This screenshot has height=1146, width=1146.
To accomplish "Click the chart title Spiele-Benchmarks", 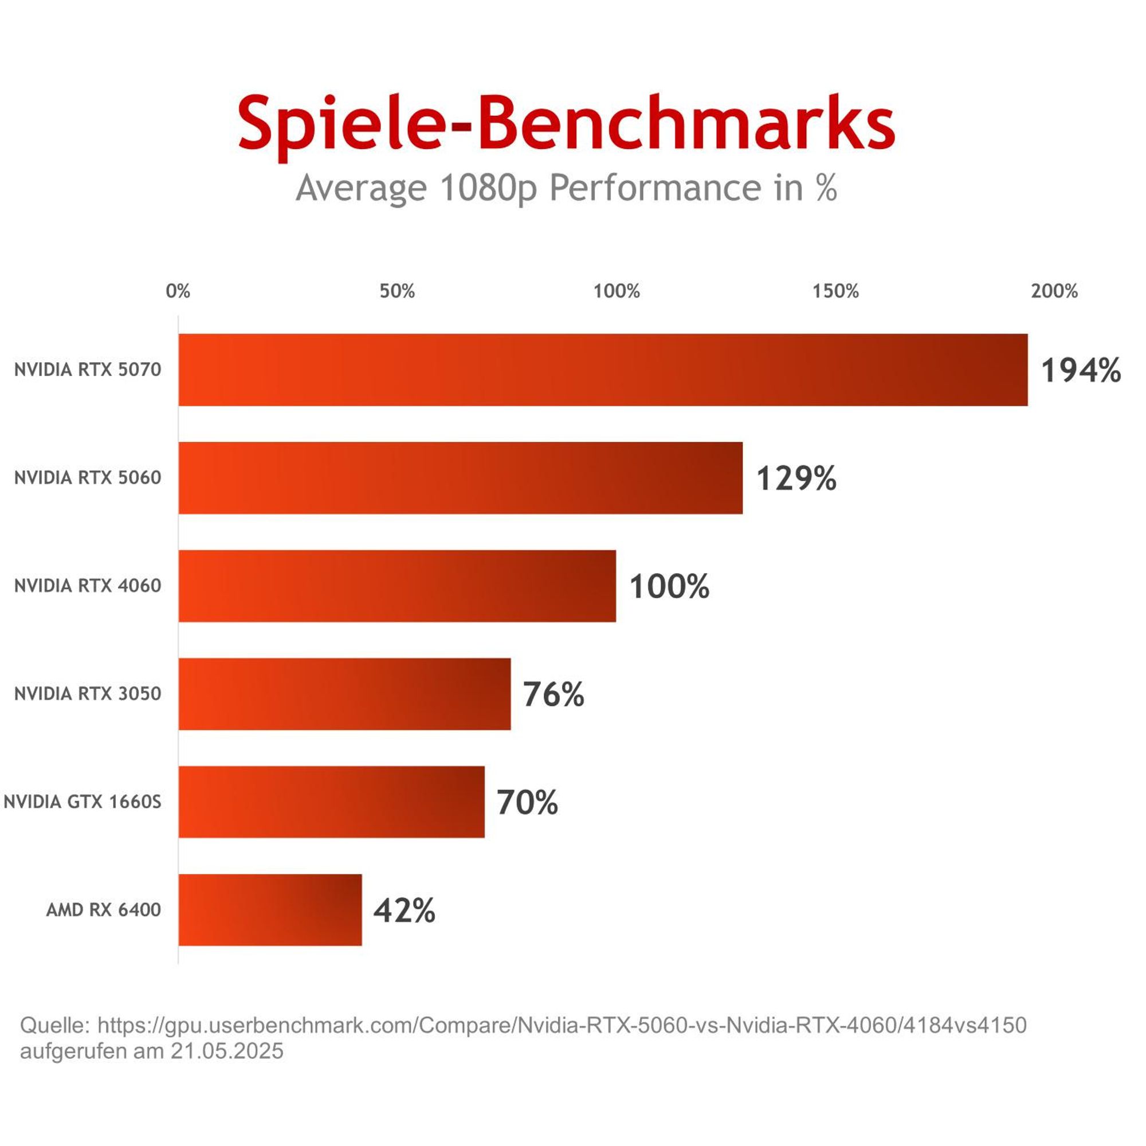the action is tap(567, 126).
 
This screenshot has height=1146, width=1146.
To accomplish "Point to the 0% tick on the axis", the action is tap(178, 291).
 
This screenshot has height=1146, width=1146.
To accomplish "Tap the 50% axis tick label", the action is tap(398, 291).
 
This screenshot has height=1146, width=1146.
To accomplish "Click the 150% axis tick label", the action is tap(836, 291).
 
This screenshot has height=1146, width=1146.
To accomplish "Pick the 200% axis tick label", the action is tap(1055, 291).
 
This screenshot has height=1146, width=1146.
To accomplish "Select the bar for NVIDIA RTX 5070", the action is tap(603, 370).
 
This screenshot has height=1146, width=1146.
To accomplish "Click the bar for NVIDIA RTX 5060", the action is tap(461, 478).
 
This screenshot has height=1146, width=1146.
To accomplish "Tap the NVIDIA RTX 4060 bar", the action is tap(398, 586).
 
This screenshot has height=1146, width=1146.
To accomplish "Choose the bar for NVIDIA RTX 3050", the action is tap(344, 694).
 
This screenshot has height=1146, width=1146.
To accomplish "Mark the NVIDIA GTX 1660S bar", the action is tap(332, 802).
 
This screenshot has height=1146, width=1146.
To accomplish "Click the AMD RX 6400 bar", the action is tap(270, 910).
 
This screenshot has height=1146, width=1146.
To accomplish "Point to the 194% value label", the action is tap(1081, 371).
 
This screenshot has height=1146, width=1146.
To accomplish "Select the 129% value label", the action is tap(796, 478).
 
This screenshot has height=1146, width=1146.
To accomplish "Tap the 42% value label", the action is tap(405, 910).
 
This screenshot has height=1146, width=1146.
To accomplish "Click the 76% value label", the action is tap(554, 694).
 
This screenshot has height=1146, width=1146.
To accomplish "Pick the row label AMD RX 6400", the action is tap(104, 910).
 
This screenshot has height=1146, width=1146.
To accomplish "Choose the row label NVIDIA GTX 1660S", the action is tap(83, 802).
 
